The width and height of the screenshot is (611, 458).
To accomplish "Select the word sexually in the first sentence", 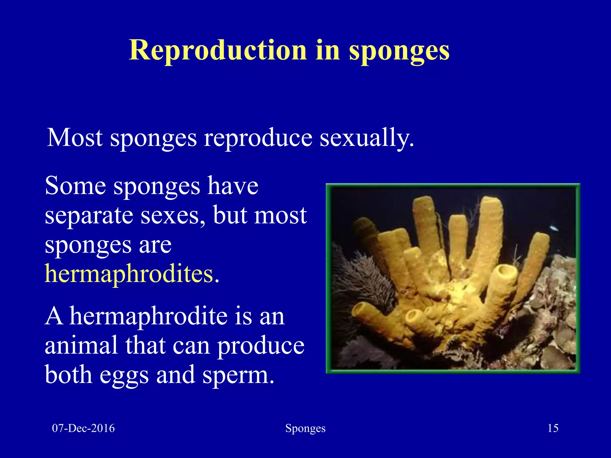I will coord(367,138).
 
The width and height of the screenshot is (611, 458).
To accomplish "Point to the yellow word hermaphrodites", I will coord(129,274).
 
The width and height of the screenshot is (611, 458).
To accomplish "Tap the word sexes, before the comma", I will coord(172,215).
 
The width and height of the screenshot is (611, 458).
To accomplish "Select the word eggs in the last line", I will coord(124,375).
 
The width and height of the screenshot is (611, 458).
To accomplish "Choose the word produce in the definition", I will coord(260,346).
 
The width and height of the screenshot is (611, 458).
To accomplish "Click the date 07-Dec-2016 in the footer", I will coord(83,428).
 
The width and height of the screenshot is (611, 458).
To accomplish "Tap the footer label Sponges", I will coord(305,428).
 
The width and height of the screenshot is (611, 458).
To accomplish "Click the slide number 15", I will coord(553,428).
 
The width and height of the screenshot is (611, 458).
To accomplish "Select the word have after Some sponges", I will coord(233,186).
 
